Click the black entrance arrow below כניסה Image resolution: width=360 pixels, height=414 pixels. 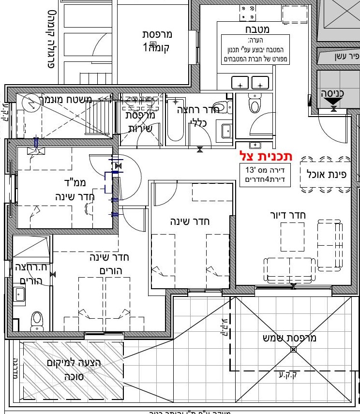click(x=333, y=102)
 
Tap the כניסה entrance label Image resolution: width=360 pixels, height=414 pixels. click(x=333, y=92)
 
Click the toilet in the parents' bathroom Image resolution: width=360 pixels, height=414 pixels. click(x=37, y=320)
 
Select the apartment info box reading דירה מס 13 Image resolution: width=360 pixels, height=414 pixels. click(x=265, y=175)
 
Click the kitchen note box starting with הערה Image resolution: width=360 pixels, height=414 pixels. click(x=248, y=50)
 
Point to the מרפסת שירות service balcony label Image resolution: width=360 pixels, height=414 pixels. click(x=140, y=122)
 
